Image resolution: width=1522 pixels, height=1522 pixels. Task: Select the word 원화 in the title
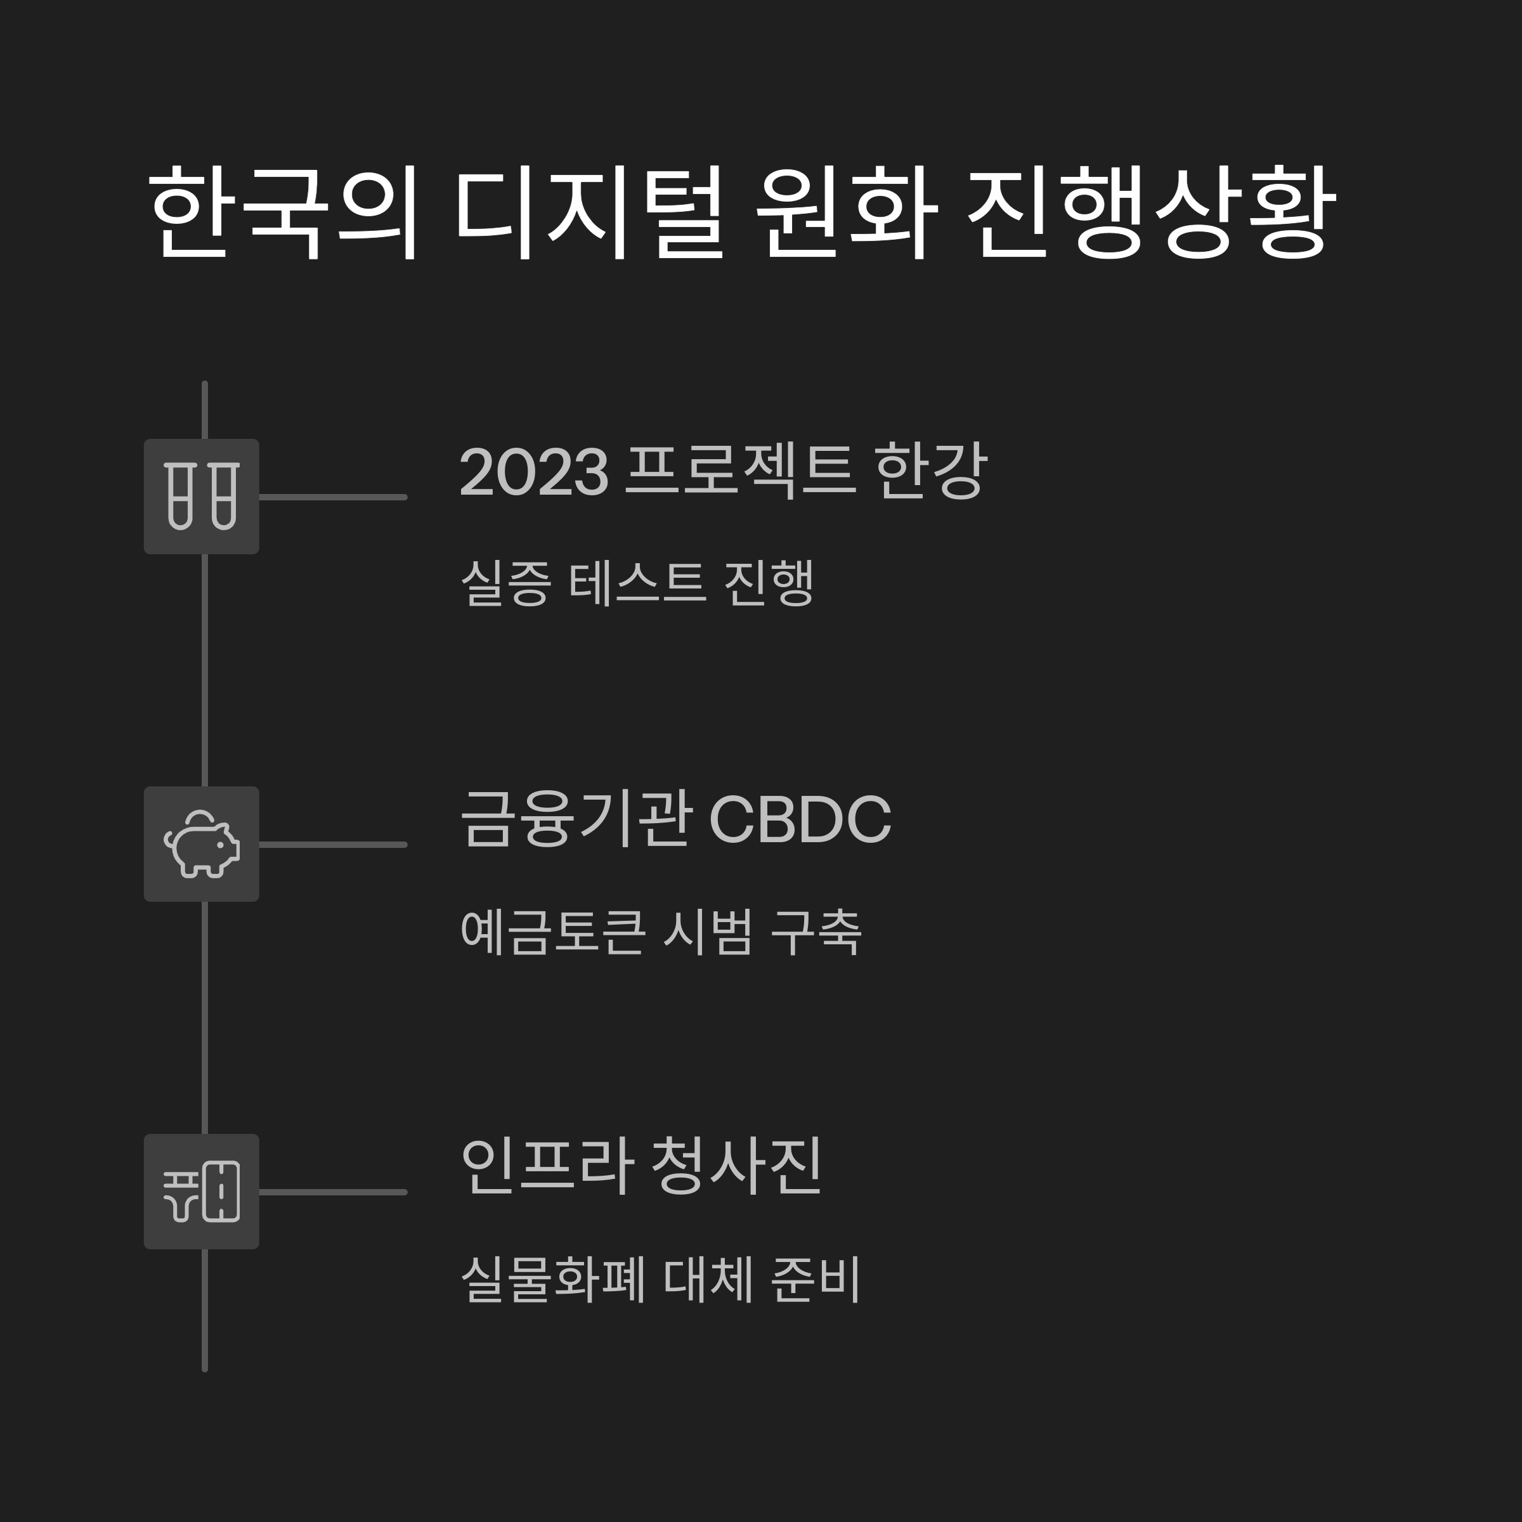(846, 212)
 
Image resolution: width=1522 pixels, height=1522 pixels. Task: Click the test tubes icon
(202, 497)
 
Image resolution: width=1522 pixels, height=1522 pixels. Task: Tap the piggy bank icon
(202, 843)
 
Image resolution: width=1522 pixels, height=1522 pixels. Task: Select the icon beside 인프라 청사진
(202, 1191)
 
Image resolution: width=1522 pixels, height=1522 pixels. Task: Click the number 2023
(534, 472)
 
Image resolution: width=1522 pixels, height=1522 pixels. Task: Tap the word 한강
(930, 471)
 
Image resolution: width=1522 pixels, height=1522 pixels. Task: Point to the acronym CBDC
(800, 819)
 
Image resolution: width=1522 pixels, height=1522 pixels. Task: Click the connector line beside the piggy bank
(332, 845)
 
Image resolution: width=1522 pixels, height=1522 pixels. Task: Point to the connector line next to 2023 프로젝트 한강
(332, 497)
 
